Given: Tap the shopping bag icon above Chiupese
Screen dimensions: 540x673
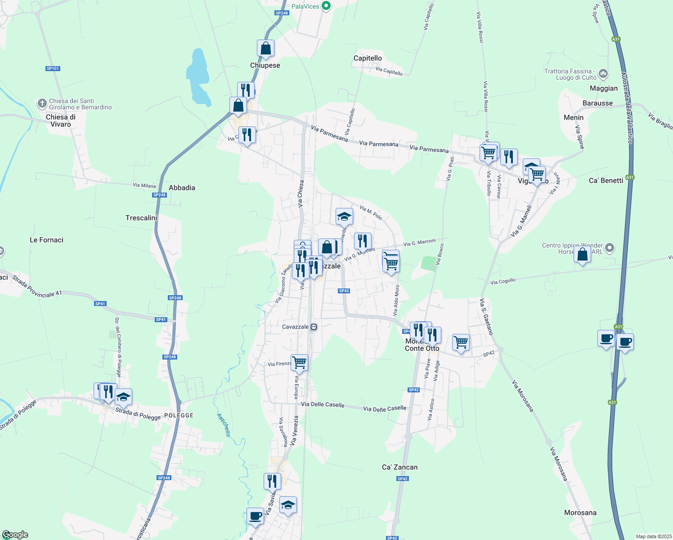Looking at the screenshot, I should coord(265,48).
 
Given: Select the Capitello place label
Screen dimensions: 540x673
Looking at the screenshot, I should coord(368,58).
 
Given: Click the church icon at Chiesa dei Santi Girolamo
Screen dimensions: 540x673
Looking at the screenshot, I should coord(42,104).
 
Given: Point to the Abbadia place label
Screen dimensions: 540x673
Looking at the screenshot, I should coord(182,188).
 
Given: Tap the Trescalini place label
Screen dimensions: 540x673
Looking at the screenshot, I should coord(141,218).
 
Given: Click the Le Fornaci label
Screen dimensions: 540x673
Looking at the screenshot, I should coord(46,240).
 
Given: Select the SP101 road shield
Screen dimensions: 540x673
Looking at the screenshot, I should coord(53,68).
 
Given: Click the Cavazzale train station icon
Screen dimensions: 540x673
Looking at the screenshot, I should coord(314,327).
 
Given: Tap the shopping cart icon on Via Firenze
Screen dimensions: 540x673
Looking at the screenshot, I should coord(299,362).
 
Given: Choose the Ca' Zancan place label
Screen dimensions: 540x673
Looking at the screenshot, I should coord(399,467).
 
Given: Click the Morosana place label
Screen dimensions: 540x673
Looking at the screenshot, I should coord(580,513).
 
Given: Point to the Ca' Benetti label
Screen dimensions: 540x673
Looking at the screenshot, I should coord(606,180).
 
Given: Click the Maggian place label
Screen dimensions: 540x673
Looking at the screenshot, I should coord(604,88).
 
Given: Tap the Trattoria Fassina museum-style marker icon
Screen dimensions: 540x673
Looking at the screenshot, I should coord(604,73).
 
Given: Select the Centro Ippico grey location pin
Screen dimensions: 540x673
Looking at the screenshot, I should coord(610,247).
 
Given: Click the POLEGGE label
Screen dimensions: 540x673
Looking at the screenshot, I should coord(179,415).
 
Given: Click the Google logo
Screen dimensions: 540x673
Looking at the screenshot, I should coord(15,535).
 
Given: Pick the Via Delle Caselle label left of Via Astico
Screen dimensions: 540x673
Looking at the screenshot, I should coord(385,409).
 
